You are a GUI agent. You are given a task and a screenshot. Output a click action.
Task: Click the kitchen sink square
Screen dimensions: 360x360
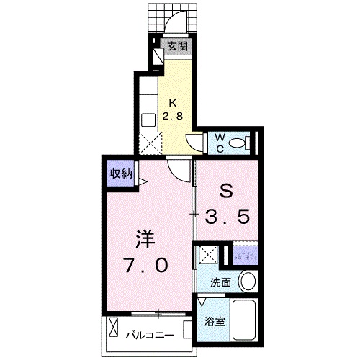[149, 120]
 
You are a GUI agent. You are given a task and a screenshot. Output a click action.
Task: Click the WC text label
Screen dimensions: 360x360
[219, 141]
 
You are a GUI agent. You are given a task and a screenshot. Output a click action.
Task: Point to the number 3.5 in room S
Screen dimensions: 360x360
[228, 215]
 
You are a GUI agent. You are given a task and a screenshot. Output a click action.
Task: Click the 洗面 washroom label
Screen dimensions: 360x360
[220, 284]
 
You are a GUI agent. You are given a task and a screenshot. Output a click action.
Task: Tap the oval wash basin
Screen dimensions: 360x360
[247, 281]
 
